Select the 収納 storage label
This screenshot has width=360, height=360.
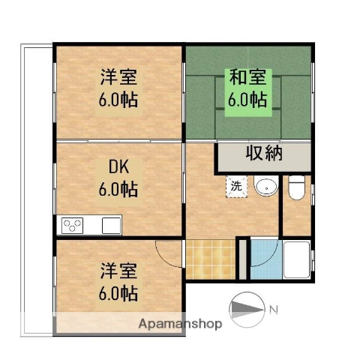click(264, 155)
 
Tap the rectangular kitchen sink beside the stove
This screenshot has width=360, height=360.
click(111, 224)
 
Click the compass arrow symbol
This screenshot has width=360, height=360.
click(247, 308)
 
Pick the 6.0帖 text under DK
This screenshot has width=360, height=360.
click(118, 189)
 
